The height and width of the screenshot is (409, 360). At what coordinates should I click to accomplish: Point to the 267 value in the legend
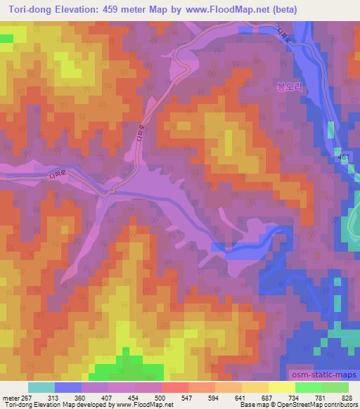(x=27, y=397)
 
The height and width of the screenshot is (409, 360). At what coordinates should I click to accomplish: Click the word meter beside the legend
(x=10, y=397)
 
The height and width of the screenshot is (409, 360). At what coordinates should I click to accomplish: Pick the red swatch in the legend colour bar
(x=176, y=387)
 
